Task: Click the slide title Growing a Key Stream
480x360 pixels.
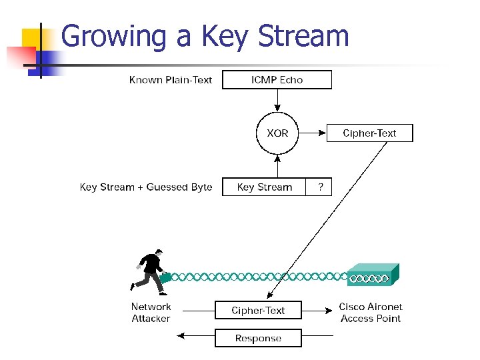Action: tap(205, 36)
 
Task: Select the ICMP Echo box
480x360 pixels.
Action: tap(277, 80)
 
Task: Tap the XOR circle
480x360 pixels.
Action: tap(277, 133)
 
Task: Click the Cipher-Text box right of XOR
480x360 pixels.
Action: tap(369, 133)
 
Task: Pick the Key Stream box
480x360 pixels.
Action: tap(264, 187)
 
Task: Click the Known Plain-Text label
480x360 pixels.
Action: tap(170, 80)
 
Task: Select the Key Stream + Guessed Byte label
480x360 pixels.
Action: tap(146, 187)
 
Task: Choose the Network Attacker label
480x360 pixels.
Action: tap(151, 313)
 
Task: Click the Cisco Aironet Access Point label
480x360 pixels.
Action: tap(371, 313)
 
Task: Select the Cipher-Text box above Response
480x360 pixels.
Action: tap(258, 310)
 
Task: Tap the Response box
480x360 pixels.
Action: tap(258, 338)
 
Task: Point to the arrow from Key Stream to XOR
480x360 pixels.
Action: tap(277, 167)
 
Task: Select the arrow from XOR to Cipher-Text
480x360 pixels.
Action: tap(311, 133)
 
